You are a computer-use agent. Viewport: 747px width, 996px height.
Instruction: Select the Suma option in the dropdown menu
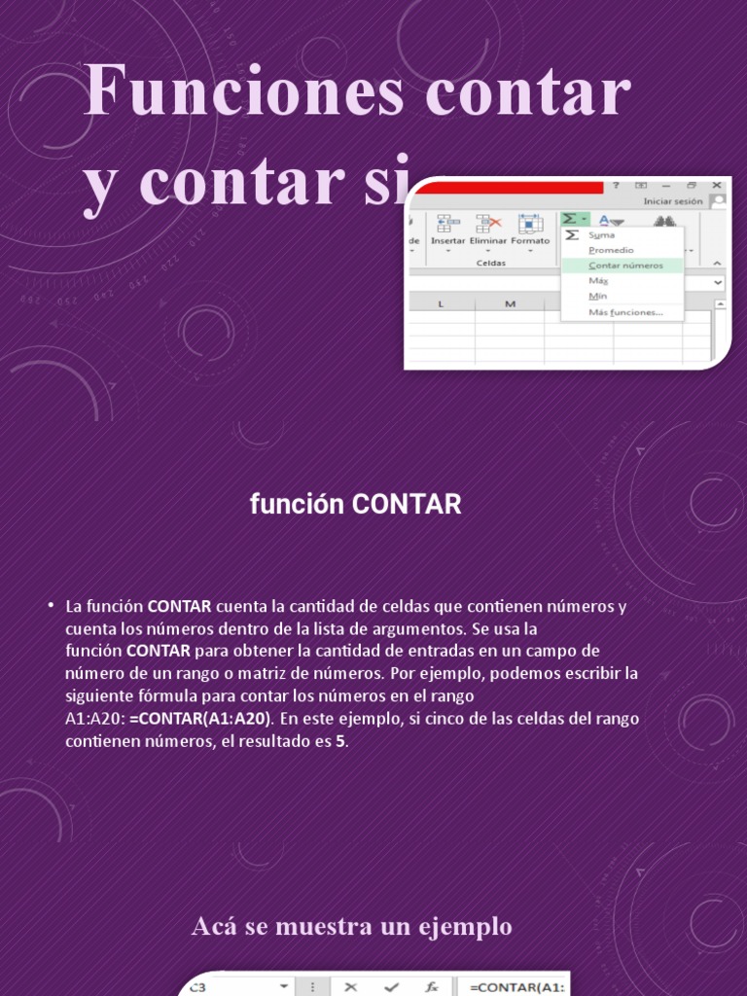[x=601, y=234]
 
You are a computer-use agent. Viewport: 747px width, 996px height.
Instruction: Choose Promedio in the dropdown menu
[x=611, y=250]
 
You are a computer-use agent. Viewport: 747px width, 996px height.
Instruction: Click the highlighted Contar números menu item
[x=625, y=265]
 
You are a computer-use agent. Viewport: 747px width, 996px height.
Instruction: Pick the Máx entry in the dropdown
[x=598, y=280]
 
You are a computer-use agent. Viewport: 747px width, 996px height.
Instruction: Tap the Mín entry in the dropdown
[x=597, y=296]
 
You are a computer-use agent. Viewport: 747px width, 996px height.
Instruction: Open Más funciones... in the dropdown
[x=625, y=312]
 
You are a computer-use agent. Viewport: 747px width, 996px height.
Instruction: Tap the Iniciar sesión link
[x=672, y=201]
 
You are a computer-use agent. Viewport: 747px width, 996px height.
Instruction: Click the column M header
[x=510, y=304]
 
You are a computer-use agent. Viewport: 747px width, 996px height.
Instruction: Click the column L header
[x=441, y=304]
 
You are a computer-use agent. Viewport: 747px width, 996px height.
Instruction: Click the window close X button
[x=717, y=185]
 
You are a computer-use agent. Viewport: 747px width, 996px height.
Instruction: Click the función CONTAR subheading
[x=355, y=505]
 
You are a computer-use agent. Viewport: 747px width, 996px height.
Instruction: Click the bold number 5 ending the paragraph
[x=340, y=741]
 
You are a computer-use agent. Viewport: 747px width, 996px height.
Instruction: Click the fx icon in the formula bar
[x=431, y=986]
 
